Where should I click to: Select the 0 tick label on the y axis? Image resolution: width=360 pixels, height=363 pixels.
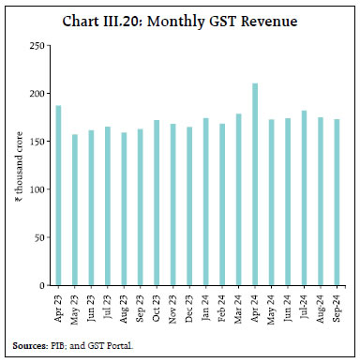point(42,285)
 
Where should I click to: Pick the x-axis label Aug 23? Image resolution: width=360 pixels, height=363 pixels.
point(124,305)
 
